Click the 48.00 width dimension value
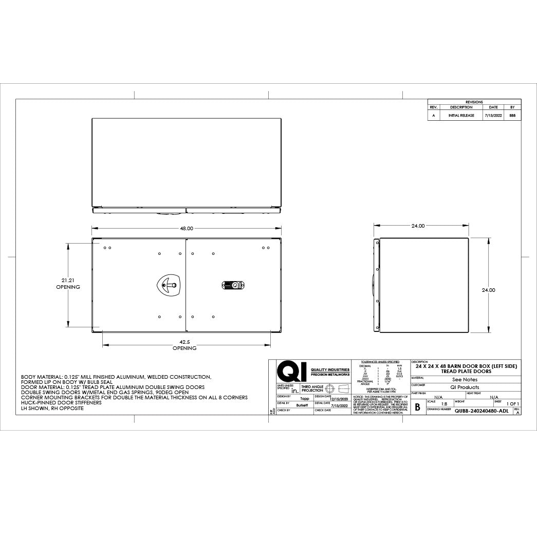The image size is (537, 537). [x=186, y=228]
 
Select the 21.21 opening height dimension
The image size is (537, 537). [x=68, y=281]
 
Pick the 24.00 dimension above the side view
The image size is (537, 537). [x=418, y=226]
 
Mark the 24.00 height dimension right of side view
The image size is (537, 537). [x=488, y=290]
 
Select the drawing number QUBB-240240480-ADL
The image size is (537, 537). [x=482, y=411]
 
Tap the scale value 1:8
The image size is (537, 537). [x=444, y=404]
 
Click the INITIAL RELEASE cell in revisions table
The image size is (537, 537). [x=461, y=116]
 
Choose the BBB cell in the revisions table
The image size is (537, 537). [x=512, y=116]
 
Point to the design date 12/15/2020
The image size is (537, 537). [x=339, y=398]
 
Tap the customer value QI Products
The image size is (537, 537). [x=465, y=387]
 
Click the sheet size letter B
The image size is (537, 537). [x=417, y=407]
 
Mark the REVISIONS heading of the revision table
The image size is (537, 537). [x=474, y=102]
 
